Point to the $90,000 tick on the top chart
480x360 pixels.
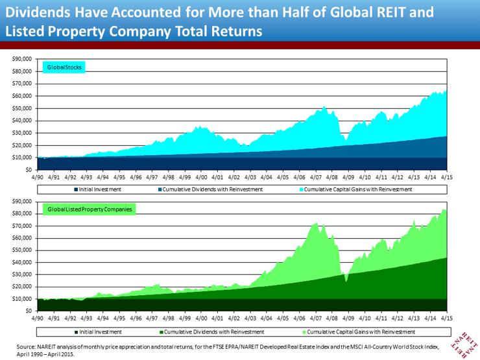(x=23, y=59)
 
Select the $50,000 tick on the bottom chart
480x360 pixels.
(x=23, y=250)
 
